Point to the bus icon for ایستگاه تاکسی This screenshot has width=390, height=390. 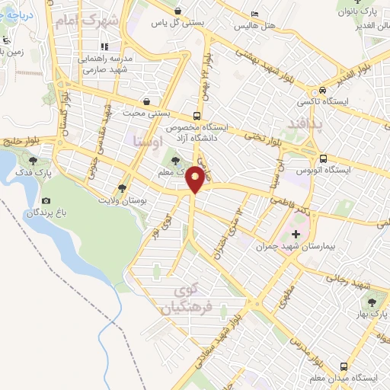click(x=324, y=86)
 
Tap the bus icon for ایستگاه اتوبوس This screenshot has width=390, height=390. click(x=324, y=159)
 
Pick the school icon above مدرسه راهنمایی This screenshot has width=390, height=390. click(x=105, y=46)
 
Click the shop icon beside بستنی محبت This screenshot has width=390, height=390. click(x=145, y=101)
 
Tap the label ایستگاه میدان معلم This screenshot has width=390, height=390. click(x=350, y=379)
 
